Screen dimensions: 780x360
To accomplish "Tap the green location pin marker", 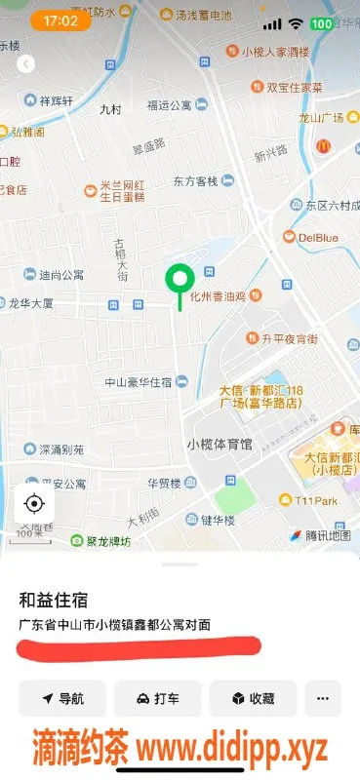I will point(179,281).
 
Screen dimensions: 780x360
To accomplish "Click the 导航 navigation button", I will point(62,698).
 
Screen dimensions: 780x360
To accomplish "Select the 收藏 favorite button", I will point(253,698).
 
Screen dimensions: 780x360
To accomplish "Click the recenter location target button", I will point(34,503).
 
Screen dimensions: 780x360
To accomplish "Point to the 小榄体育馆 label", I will point(219,445).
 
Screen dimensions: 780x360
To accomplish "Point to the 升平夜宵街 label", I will point(290,339).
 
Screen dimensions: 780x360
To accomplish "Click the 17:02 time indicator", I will point(60,20).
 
